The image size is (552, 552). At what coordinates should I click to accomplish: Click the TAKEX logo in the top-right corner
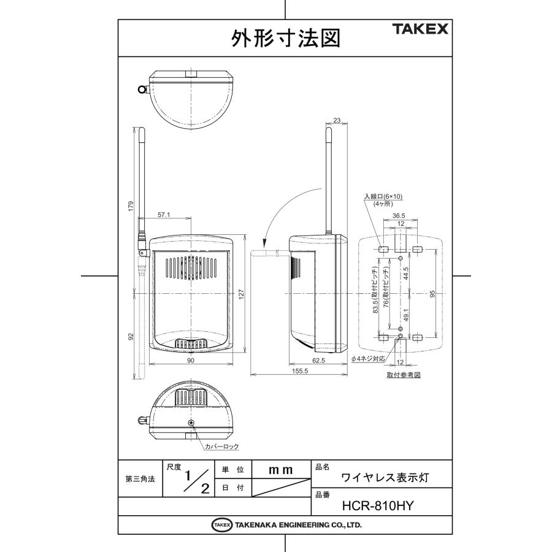tap(421, 29)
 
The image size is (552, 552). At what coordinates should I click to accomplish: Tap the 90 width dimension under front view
tap(191, 361)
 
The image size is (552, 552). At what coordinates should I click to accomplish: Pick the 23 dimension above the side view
tap(336, 121)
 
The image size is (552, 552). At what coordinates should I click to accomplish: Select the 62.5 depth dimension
tap(318, 361)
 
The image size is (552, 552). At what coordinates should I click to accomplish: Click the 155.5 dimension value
tap(300, 372)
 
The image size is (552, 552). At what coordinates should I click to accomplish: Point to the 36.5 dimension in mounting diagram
tap(399, 215)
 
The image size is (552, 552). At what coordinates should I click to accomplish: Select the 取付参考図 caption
tap(403, 374)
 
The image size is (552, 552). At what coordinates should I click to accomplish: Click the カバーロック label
tap(221, 447)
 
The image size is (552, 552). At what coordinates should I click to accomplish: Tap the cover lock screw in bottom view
tap(191, 423)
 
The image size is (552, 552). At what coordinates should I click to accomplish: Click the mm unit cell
tap(281, 470)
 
